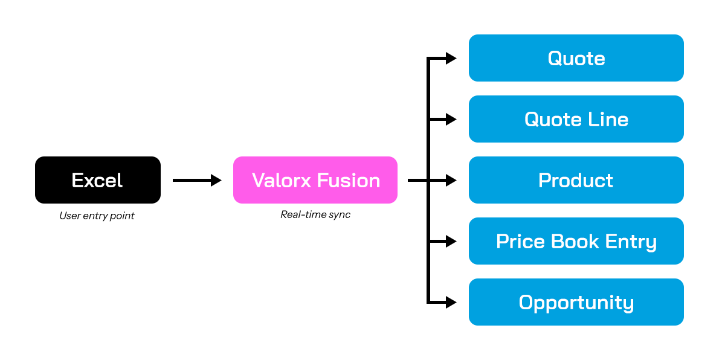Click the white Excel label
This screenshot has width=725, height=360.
97,180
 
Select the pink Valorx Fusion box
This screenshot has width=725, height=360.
315,180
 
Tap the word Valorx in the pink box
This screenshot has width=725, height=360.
282,180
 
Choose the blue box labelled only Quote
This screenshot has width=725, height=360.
576,58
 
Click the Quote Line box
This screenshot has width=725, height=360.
576,119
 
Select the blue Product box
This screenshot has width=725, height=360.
576,180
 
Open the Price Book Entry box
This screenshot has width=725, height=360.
576,241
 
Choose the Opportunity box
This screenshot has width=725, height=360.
576,302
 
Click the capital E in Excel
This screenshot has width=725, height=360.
77,180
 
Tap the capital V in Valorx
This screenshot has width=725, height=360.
257,180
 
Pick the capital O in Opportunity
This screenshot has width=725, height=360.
526,302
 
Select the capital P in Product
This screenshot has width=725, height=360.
544,180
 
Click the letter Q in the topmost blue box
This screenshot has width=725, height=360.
555,58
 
